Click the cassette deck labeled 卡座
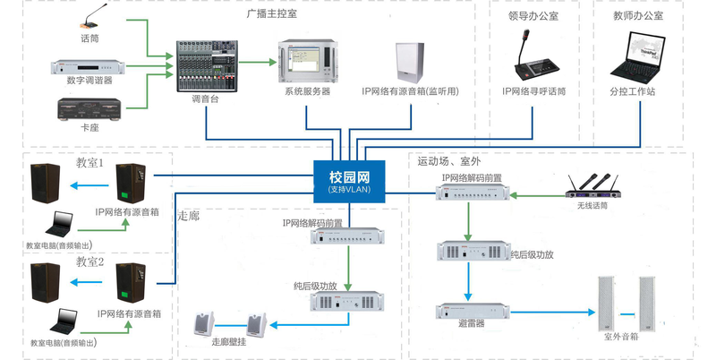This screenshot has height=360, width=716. [x=89, y=108]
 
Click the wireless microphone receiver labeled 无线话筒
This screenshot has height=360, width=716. [x=593, y=184]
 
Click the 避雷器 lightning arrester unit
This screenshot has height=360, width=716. [x=472, y=312]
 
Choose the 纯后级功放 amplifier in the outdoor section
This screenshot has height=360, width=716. [x=472, y=253]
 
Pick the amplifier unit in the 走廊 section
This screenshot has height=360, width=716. [x=346, y=302]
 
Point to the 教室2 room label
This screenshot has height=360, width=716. [x=90, y=261]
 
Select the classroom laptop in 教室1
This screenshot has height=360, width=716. [x=64, y=222]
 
